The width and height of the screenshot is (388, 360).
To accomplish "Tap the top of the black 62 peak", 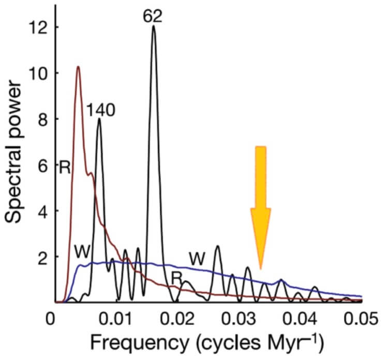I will [153, 26].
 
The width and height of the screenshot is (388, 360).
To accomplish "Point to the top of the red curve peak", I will [78, 67].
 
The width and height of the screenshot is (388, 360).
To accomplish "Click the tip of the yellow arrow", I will [260, 268].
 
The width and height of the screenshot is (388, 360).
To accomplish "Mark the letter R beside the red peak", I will [64, 168].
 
